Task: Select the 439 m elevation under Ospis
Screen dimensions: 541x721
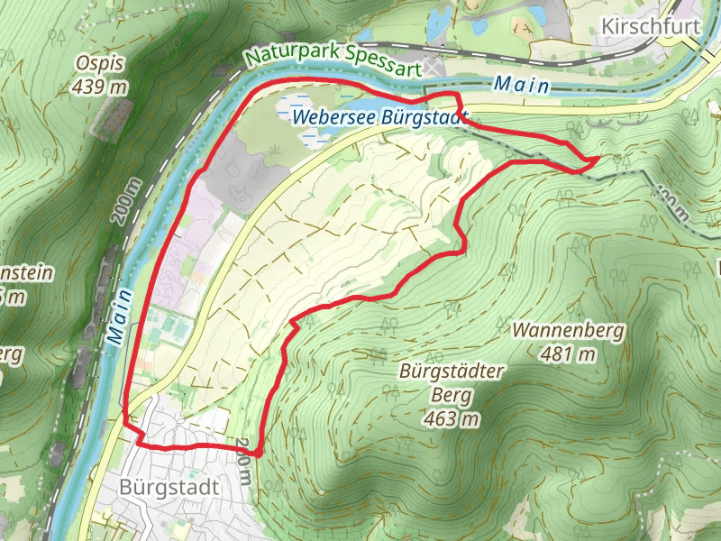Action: [x=101, y=87]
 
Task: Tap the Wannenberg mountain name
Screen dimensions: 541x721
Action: [x=568, y=331]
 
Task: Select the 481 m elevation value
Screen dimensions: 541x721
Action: [x=568, y=353]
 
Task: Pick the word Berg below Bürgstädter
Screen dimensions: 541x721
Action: [x=453, y=395]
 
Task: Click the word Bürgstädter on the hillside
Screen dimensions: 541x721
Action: [x=453, y=371]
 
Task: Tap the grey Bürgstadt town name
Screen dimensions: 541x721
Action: [x=169, y=487]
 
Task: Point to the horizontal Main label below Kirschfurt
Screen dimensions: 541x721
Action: [x=522, y=86]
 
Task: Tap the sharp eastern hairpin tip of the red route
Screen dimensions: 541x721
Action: [x=598, y=159]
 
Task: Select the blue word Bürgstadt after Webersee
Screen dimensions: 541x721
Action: [x=424, y=116]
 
